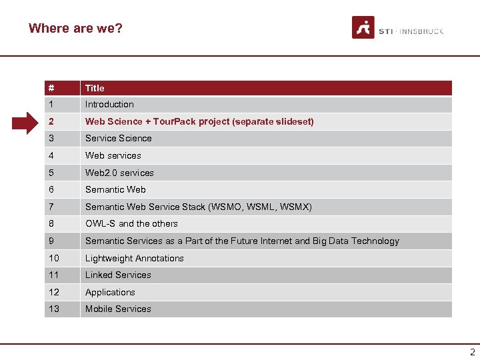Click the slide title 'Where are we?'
75,28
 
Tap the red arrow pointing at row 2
29,122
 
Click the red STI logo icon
363,28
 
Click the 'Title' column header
95,88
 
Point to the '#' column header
51,88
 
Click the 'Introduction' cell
109,105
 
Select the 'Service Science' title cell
118,139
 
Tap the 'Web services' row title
113,155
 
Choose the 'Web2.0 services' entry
119,173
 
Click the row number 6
51,190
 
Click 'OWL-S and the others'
131,224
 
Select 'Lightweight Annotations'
134,259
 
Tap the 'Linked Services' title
118,275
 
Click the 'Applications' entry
110,293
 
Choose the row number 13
53,309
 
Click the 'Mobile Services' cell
118,309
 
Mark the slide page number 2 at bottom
473,352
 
